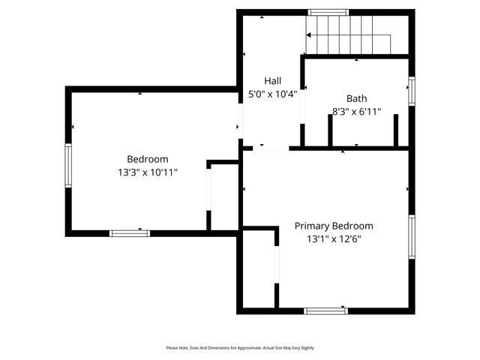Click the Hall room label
(272, 80)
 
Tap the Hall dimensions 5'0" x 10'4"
(272, 94)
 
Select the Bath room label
(356, 98)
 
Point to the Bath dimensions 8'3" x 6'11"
(356, 112)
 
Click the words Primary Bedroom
(333, 226)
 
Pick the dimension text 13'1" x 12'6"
(333, 240)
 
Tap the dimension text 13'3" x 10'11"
(147, 172)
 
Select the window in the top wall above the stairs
(328, 12)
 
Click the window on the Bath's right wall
(411, 91)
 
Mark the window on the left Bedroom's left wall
(68, 164)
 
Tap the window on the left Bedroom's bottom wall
(129, 233)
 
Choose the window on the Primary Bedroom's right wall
(411, 237)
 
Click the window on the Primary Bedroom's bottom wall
(325, 310)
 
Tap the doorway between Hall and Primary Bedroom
(270, 148)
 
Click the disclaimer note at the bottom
(240, 348)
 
